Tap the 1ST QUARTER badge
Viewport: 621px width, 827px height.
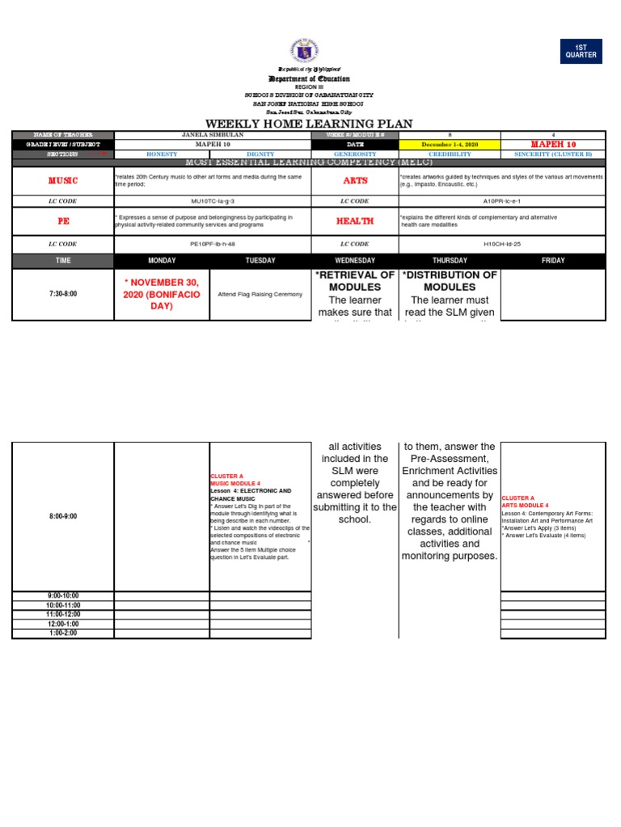[x=581, y=51]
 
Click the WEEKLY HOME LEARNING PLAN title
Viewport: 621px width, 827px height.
[x=310, y=124]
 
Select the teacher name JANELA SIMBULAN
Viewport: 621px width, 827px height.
[x=213, y=134]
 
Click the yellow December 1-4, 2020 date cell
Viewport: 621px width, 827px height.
[x=450, y=144]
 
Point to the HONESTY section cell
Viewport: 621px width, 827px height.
[x=162, y=153]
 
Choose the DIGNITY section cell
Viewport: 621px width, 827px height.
[x=260, y=153]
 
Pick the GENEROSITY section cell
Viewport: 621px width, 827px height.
[x=355, y=153]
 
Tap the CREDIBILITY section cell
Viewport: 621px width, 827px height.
[x=450, y=153]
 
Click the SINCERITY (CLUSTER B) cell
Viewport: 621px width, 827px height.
[x=553, y=153]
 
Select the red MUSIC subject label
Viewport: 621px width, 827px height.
[x=63, y=181]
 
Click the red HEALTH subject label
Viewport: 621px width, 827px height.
[x=355, y=220]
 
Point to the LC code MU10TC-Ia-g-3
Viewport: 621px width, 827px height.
[x=213, y=201]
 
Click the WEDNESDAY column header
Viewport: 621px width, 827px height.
[x=355, y=261]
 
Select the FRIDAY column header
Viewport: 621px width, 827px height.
[x=553, y=261]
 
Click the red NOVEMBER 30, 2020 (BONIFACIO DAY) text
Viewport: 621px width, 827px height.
[x=162, y=294]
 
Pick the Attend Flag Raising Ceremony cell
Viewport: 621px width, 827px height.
[x=260, y=294]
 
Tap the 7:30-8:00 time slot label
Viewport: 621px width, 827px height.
[x=63, y=294]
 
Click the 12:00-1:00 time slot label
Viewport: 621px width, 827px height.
[x=63, y=623]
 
